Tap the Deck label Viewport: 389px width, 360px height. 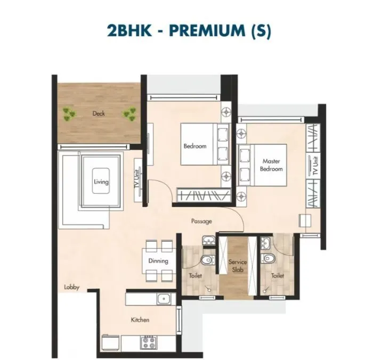click(99, 113)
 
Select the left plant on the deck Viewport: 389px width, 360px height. click(68, 113)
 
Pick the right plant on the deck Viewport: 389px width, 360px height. click(129, 113)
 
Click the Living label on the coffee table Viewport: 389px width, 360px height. click(101, 182)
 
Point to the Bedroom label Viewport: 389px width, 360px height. click(194, 146)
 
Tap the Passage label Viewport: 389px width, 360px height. click(202, 221)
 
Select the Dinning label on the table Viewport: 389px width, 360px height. click(158, 261)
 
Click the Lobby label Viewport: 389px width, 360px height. click(71, 288)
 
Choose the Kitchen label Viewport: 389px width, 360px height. click(140, 320)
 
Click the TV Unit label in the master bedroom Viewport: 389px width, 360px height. click(315, 166)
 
